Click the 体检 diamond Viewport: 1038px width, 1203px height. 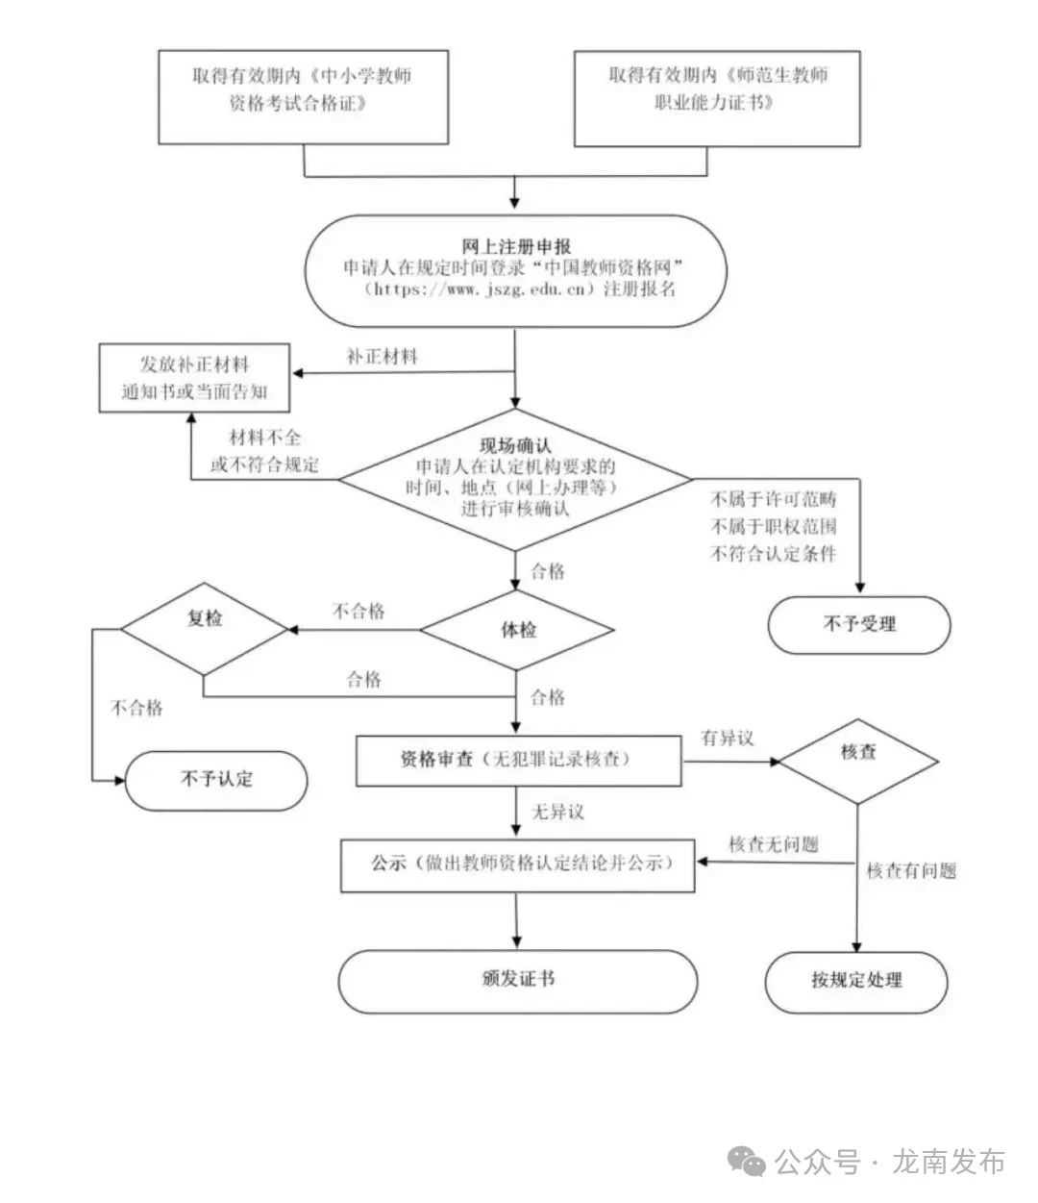tap(518, 631)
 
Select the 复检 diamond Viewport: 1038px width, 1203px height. tap(204, 620)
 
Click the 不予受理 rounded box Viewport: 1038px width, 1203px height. tap(858, 625)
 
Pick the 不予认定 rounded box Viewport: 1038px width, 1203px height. tap(216, 780)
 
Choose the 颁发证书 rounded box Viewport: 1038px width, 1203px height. tap(518, 981)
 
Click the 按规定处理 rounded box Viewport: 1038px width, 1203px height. tap(856, 982)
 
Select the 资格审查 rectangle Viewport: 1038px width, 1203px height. tap(518, 760)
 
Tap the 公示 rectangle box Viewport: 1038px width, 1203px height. tap(518, 864)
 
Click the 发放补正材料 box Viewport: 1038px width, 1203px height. tap(195, 379)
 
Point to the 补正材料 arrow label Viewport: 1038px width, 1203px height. tap(383, 357)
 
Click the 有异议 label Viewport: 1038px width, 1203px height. tap(727, 739)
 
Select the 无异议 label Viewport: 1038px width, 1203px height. tap(558, 813)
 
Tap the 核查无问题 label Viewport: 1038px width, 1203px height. tap(773, 845)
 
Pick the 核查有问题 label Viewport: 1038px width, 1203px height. tap(911, 871)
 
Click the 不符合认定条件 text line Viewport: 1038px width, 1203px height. tap(773, 554)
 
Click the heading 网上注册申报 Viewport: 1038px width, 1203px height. tap(516, 246)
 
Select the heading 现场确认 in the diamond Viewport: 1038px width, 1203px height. tap(516, 446)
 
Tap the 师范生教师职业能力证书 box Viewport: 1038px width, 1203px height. tap(717, 98)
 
